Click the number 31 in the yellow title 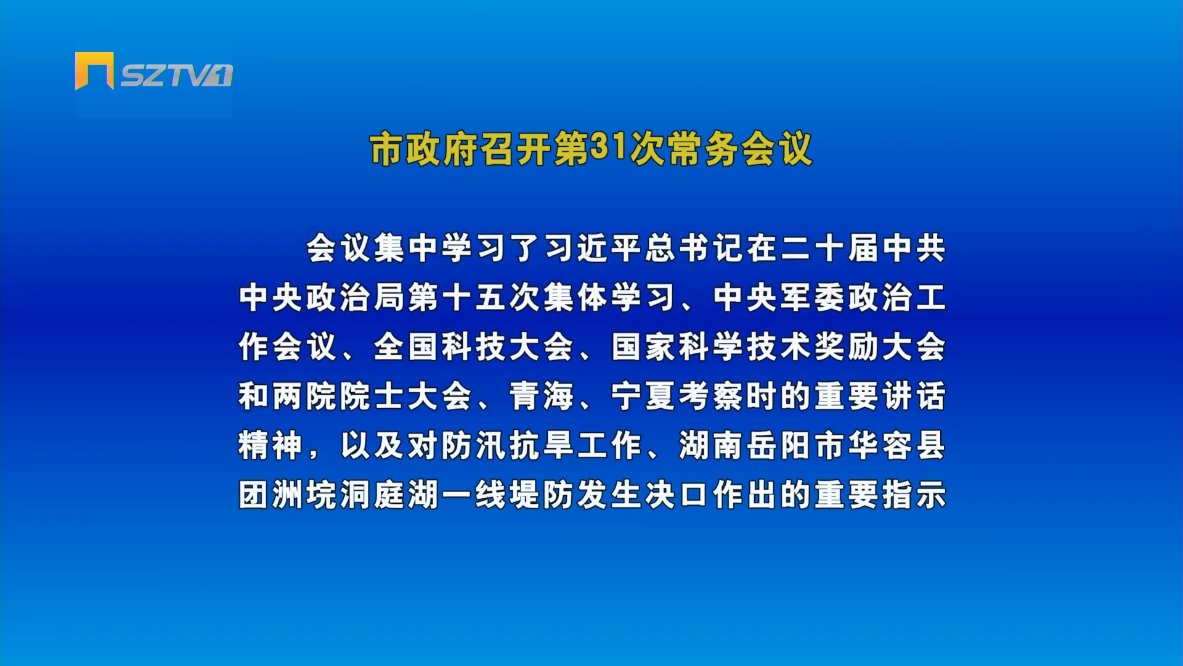[608, 147]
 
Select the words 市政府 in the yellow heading [424, 149]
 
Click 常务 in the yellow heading [702, 149]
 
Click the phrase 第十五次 [474, 297]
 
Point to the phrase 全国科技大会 [474, 347]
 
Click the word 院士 [373, 396]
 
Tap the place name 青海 [542, 396]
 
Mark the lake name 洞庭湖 [389, 495]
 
